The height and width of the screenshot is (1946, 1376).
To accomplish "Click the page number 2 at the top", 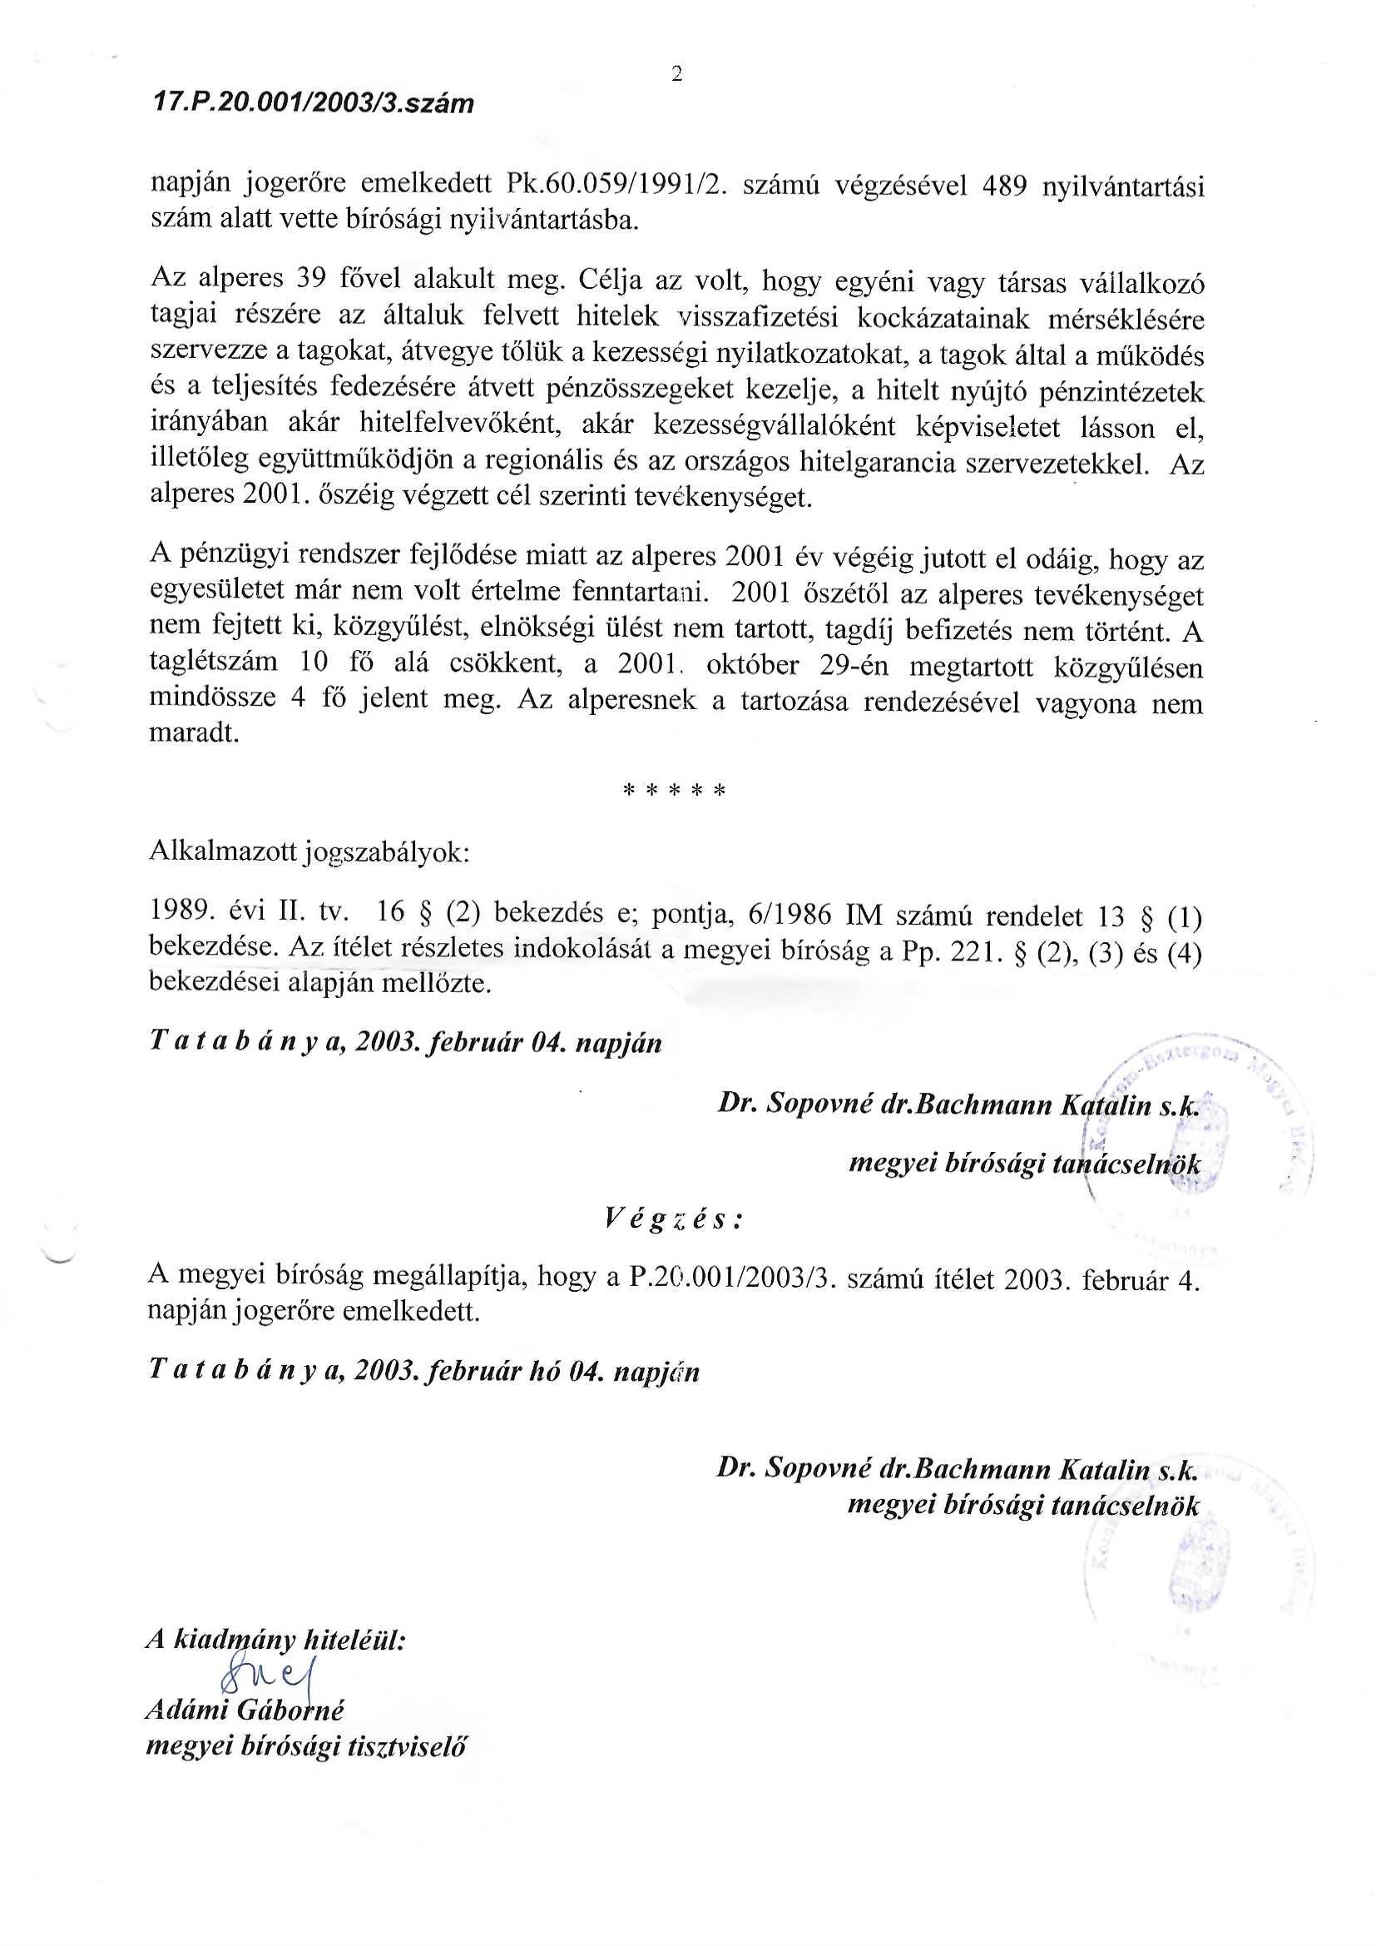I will click(x=676, y=75).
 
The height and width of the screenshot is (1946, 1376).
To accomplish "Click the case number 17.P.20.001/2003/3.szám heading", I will click(x=312, y=104).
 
